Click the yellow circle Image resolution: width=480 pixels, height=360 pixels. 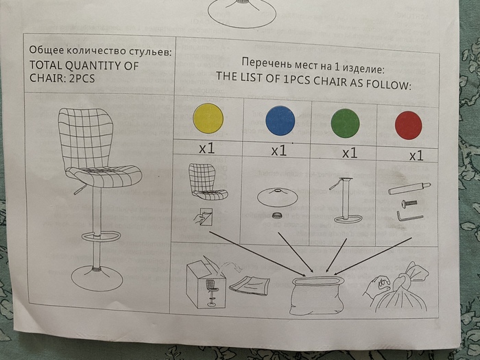point(208,119)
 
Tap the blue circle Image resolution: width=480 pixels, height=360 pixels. point(280,120)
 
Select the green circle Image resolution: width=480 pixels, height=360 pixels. point(345,123)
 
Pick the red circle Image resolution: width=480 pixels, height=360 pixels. point(409,125)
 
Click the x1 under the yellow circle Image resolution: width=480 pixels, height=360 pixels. point(206,149)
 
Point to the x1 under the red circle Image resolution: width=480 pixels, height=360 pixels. point(416,156)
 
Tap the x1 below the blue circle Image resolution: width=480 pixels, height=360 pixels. point(279,151)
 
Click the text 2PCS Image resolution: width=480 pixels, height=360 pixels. point(82,78)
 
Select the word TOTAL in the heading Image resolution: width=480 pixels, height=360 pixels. point(46,65)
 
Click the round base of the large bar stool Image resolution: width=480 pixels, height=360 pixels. point(97,278)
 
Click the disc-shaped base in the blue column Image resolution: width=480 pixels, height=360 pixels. point(277,197)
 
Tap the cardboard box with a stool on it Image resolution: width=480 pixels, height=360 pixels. point(206,285)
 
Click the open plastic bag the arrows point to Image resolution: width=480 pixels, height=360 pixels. point(317,295)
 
